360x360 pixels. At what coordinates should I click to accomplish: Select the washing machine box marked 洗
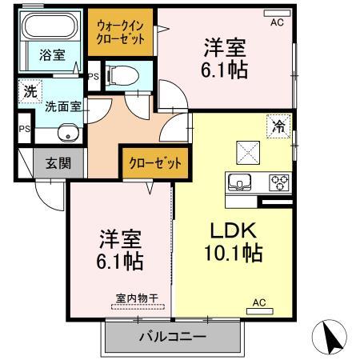(29, 91)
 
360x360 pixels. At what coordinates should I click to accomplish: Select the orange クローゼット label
(155, 163)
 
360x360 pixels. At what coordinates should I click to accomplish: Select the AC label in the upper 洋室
(277, 23)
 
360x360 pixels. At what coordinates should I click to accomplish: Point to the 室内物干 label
(137, 298)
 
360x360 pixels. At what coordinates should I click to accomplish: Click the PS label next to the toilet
(94, 77)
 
